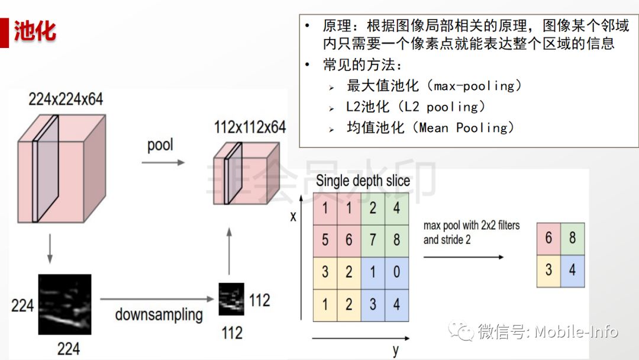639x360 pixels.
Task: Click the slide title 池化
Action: click(35, 31)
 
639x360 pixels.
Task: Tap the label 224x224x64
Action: click(66, 98)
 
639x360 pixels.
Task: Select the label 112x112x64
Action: click(250, 127)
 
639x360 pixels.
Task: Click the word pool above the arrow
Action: click(160, 144)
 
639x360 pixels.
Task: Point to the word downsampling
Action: click(159, 314)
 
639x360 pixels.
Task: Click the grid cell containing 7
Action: click(373, 240)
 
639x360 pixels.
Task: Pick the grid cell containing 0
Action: click(396, 272)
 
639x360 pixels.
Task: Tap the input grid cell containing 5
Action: click(325, 240)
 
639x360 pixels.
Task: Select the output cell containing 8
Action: click(572, 239)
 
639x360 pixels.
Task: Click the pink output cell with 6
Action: click(548, 239)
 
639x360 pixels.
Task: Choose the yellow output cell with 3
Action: click(548, 271)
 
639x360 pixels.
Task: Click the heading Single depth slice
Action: click(363, 181)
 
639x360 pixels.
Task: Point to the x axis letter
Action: click(293, 216)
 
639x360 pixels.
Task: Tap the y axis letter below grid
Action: click(395, 349)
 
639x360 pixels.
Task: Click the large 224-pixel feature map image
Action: click(64, 304)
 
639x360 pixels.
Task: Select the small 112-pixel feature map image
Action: click(231, 300)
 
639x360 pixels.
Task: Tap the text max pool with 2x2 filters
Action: click(471, 226)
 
